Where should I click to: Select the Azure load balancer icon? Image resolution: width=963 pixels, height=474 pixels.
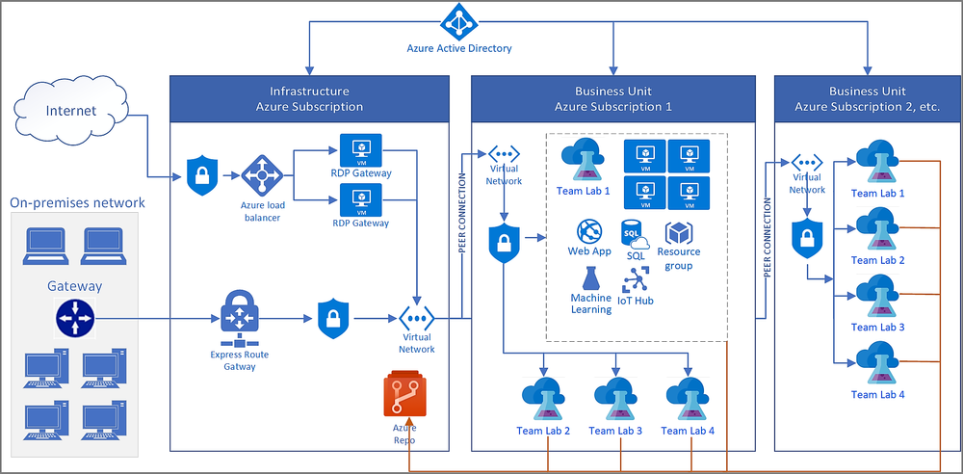point(260,176)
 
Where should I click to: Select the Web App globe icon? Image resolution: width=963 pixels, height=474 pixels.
point(589,231)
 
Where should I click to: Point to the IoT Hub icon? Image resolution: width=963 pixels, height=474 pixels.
point(637,278)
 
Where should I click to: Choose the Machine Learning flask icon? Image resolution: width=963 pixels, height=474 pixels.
point(590,278)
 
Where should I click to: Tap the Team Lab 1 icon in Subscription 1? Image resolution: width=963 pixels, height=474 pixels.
point(581,158)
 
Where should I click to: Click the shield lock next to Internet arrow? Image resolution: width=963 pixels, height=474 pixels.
point(200,176)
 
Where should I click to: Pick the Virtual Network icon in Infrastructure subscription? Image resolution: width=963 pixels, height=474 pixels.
point(417,319)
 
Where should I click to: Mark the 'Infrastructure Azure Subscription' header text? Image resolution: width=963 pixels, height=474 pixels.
point(309,98)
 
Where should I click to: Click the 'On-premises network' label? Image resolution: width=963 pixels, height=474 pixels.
point(77,202)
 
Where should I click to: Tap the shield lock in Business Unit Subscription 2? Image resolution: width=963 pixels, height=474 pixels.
point(806,239)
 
